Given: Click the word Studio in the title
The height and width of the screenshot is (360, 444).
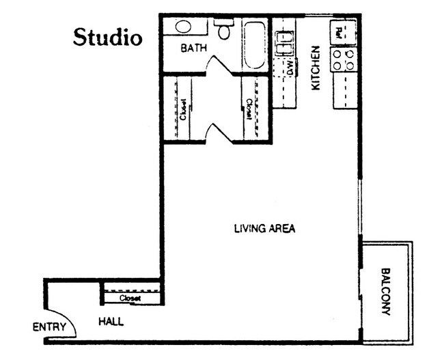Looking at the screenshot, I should (108, 36).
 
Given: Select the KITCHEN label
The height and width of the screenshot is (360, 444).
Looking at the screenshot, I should (316, 68).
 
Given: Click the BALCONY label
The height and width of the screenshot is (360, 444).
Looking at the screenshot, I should (386, 290).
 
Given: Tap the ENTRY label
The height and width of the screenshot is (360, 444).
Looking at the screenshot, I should (49, 327).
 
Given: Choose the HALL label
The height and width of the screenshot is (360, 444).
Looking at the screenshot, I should (110, 321).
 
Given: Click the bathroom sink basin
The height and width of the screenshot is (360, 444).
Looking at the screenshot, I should (183, 27).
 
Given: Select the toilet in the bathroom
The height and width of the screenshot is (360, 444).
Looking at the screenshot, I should (223, 31).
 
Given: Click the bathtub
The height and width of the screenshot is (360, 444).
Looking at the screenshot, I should (255, 44).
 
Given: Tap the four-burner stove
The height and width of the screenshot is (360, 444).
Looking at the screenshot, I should (344, 60).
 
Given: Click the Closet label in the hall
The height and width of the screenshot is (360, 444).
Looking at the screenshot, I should (130, 299).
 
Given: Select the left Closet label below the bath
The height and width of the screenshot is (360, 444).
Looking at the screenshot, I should (184, 109).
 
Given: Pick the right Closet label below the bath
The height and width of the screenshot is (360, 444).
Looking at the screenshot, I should (250, 109).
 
